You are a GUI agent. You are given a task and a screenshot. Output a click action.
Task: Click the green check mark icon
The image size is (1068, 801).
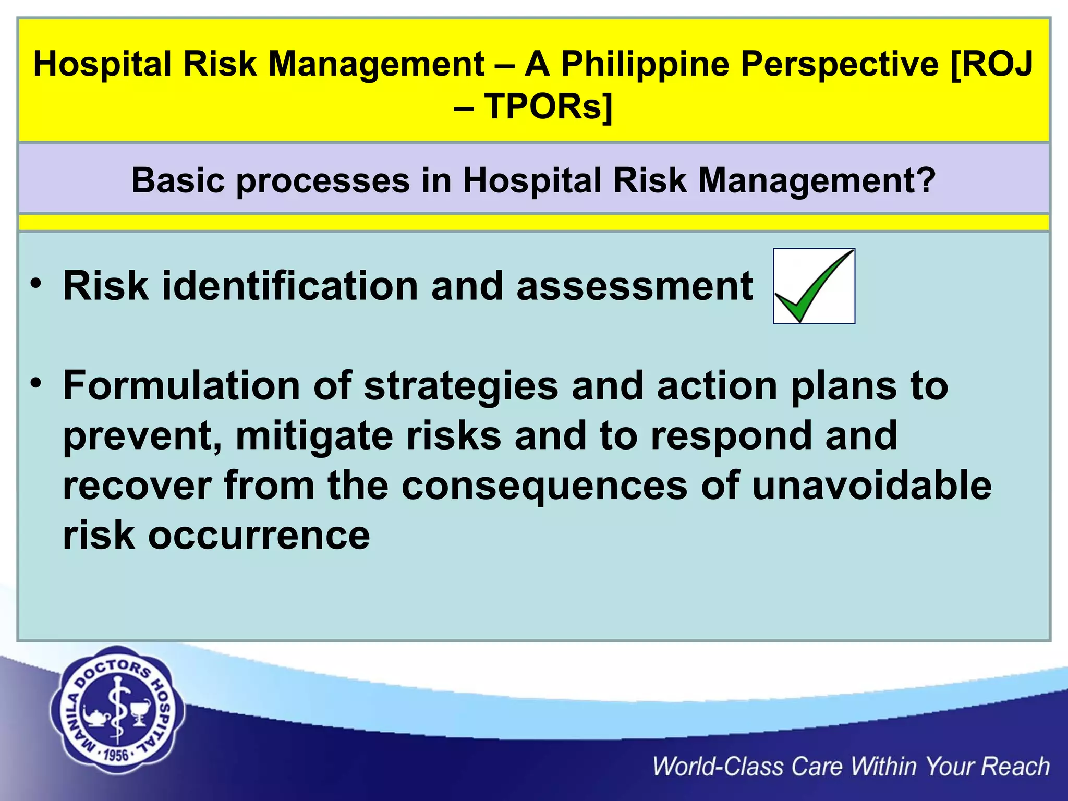(814, 286)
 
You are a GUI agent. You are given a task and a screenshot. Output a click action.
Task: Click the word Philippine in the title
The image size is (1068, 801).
(645, 64)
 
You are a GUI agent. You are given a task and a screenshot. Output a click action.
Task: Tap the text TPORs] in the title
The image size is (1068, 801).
(548, 106)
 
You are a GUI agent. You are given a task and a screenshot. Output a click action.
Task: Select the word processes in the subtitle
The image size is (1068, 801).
(323, 180)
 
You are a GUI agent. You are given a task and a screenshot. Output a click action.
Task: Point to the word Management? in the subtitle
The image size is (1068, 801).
(817, 180)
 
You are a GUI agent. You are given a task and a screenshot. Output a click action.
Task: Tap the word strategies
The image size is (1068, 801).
(461, 385)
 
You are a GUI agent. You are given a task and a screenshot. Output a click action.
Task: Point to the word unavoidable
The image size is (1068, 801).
(871, 486)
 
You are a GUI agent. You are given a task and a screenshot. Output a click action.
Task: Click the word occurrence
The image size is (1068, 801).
(259, 536)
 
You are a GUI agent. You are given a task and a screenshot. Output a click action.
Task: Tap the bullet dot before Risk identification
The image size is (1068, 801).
(35, 284)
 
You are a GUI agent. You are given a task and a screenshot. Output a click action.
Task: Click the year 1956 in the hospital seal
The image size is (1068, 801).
(116, 755)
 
